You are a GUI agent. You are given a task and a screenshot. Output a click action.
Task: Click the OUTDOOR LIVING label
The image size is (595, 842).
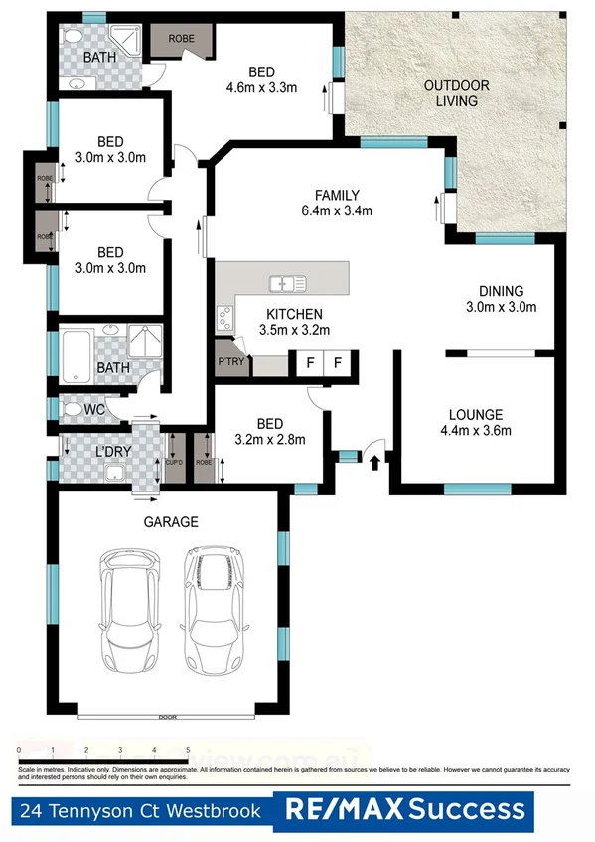point(450,93)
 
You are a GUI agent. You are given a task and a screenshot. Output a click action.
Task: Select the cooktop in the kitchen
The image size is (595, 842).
point(224,319)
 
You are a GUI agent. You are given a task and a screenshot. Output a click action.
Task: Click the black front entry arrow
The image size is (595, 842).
point(374,461)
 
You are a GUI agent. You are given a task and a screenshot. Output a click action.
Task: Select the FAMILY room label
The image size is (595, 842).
point(337,195)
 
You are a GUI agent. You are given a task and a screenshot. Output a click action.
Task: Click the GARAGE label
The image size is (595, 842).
point(171,521)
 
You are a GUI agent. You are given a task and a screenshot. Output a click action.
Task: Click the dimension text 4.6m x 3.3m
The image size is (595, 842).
point(262,87)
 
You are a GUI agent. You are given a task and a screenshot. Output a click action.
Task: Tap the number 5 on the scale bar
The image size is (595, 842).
point(188,751)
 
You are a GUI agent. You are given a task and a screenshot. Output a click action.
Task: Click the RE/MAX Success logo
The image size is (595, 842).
point(404,811)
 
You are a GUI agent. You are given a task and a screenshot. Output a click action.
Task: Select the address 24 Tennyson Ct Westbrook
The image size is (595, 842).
point(139,811)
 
